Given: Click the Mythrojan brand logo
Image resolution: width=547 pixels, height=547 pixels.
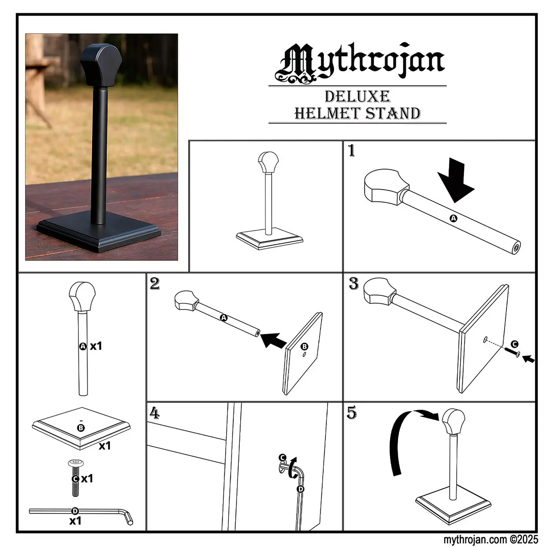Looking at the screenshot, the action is tap(360, 63).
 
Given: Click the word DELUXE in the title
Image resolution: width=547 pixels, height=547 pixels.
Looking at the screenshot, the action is tap(357, 97).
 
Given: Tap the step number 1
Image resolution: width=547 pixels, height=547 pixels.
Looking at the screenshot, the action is tap(351, 150).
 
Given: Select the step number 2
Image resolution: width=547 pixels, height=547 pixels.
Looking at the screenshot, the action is tap(155, 283).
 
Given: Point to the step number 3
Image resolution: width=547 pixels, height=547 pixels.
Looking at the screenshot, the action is tap(354, 283).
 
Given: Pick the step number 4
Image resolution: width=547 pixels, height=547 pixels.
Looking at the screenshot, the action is tap(155, 413).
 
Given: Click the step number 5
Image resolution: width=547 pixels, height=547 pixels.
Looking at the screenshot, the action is tap(352, 413).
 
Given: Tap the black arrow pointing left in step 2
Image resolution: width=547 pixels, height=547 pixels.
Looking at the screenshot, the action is tap(273, 340).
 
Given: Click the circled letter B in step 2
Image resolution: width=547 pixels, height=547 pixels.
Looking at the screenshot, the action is tap(304, 346).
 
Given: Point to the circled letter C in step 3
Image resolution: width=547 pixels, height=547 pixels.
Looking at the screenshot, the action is tap(514, 344).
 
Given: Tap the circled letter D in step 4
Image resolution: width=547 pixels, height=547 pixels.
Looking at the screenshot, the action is tap(300, 489).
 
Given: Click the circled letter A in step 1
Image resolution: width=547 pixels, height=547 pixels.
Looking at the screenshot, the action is tap(454, 218).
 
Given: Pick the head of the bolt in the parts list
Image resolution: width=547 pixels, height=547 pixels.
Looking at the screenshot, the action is tap(76, 463).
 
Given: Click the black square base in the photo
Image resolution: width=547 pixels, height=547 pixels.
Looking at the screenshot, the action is tap(98, 232).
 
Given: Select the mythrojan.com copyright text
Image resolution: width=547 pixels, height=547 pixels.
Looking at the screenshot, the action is tap(490, 539).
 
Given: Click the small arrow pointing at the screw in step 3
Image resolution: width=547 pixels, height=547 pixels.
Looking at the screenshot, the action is tap(529, 359).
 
